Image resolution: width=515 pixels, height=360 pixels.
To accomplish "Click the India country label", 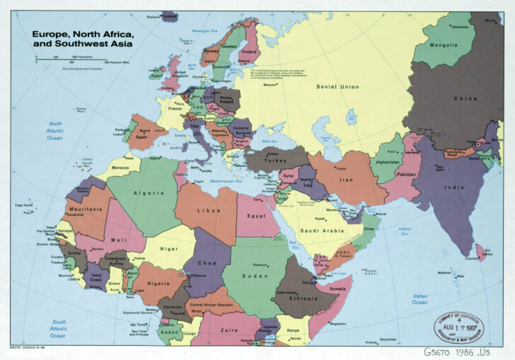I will (x=434, y=187).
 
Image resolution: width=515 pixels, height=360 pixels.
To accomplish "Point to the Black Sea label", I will (x=269, y=141).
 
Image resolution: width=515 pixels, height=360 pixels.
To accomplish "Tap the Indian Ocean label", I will (x=420, y=299).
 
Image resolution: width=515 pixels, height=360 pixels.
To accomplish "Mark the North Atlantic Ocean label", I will (x=54, y=131).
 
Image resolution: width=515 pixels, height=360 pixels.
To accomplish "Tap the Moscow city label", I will (x=270, y=86).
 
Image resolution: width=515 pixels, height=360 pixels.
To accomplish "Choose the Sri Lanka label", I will (x=487, y=250).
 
